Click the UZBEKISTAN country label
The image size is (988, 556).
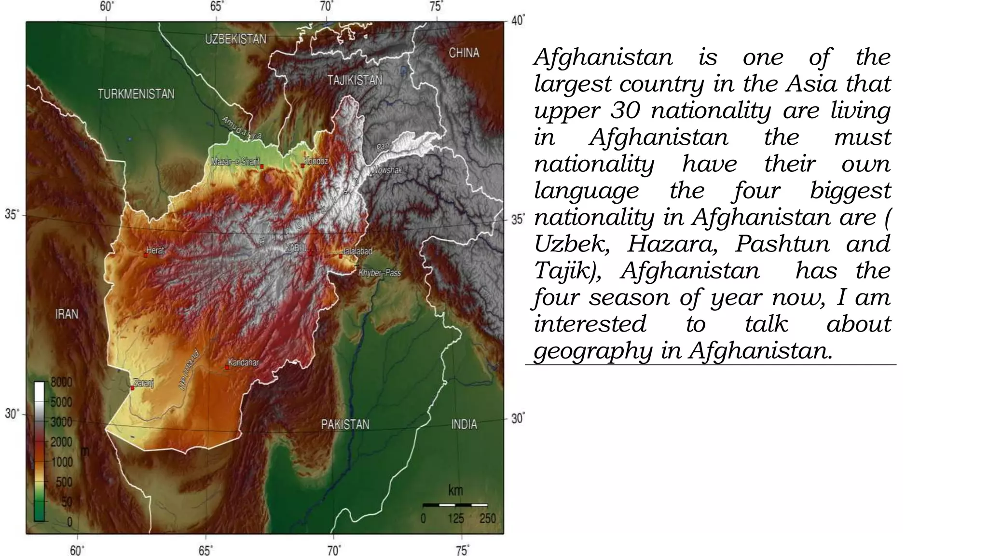click(x=235, y=39)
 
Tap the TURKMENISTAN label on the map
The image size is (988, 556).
click(x=136, y=94)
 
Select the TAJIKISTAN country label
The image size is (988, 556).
click(x=355, y=80)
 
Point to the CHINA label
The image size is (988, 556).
click(x=464, y=53)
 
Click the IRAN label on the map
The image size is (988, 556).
click(x=67, y=314)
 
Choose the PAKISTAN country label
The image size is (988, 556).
click(x=345, y=424)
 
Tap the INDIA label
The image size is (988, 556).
click(x=464, y=424)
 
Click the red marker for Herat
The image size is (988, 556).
click(x=145, y=255)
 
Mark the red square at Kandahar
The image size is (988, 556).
click(x=226, y=367)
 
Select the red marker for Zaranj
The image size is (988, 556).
click(x=132, y=388)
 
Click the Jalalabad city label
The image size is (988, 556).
click(x=357, y=251)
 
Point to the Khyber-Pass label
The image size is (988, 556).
click(x=380, y=273)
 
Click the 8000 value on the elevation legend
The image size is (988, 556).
click(x=61, y=382)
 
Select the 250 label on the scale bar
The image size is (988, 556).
click(x=488, y=518)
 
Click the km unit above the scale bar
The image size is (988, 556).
click(x=455, y=490)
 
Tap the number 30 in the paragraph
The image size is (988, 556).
click(x=625, y=111)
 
